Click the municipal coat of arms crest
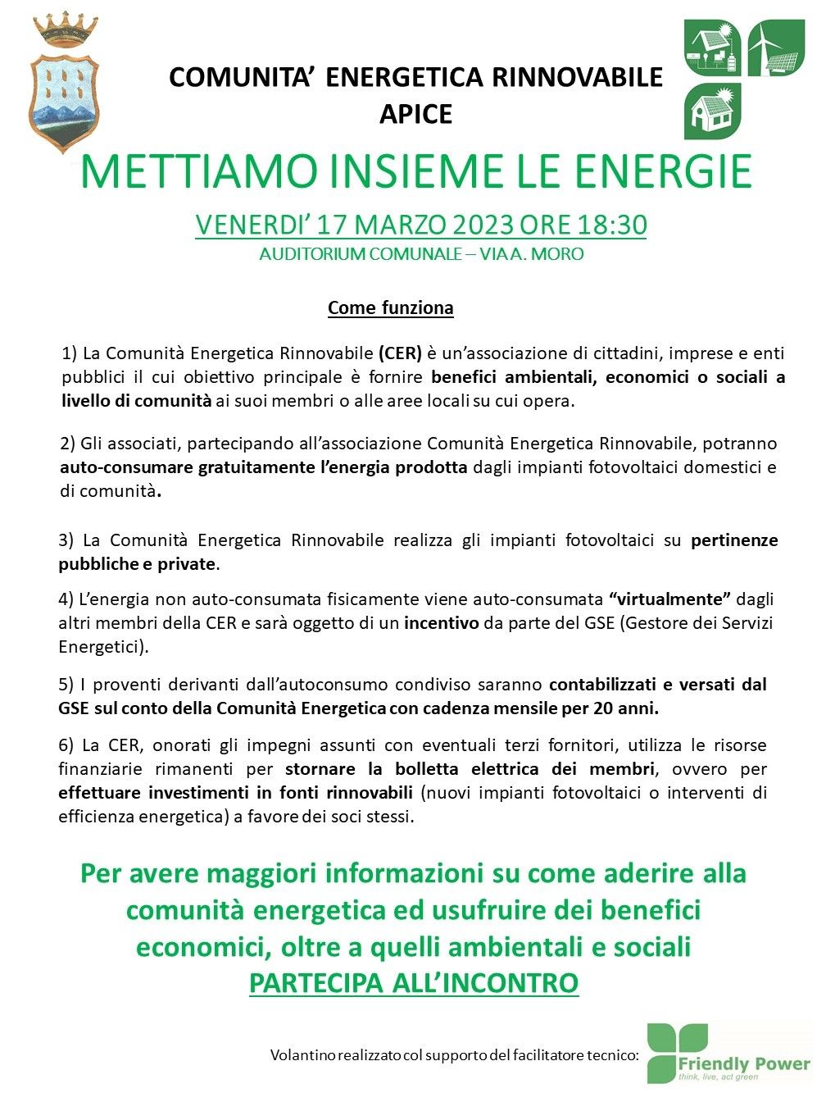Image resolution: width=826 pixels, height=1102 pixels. coord(64,90)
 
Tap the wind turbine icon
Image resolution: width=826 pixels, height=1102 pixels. coord(776,48)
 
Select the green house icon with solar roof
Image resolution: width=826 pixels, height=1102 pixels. coord(713,111)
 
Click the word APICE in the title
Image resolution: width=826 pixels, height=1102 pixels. coord(415,114)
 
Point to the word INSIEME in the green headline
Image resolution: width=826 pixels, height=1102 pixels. coord(420,171)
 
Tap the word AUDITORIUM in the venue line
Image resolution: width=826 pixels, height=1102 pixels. coord(312,254)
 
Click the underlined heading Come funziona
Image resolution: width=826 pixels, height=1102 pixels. coord(390,308)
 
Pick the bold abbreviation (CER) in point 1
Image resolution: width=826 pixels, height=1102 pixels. coord(400,354)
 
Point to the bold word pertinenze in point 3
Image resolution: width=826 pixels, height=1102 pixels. coord(734,540)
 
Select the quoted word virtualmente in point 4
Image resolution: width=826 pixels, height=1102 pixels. coord(669,599)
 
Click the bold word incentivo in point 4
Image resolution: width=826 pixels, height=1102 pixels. coord(441,623)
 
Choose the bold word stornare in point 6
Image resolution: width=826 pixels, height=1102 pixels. coord(320,769)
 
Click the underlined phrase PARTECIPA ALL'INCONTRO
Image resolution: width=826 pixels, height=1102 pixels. coord(414,982)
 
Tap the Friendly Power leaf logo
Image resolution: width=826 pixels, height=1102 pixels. coord(677,1053)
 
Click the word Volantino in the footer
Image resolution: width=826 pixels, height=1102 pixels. coord(302,1055)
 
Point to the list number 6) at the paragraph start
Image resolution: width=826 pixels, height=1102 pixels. coord(66,745)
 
